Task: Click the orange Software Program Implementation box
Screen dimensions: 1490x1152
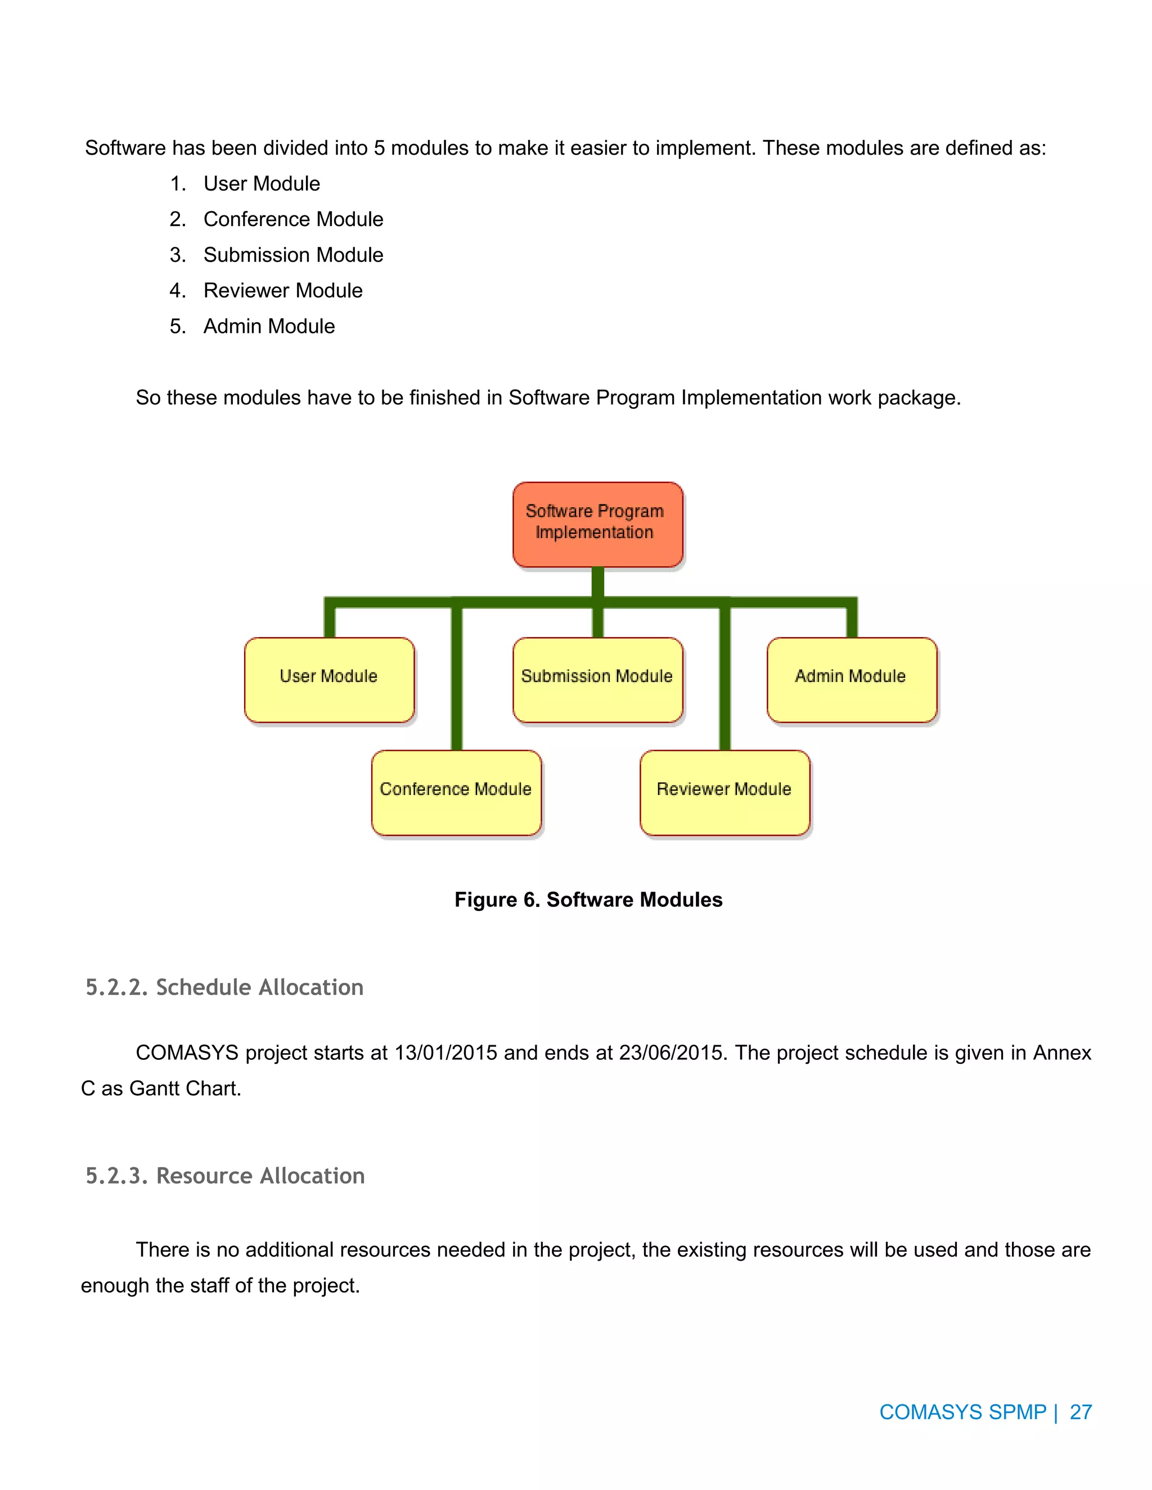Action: point(597,524)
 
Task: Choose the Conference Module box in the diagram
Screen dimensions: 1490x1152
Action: point(456,792)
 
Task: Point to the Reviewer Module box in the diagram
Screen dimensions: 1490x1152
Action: point(724,792)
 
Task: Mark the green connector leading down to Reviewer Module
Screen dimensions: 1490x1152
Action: point(724,682)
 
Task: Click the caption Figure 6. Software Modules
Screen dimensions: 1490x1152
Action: point(588,899)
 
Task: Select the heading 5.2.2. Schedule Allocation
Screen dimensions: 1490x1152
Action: point(224,987)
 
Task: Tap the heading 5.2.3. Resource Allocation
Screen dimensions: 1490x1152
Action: point(225,1176)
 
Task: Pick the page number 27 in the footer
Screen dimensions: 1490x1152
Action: point(1081,1411)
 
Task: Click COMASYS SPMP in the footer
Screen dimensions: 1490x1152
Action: point(962,1411)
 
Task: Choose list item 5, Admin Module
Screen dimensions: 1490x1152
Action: point(269,326)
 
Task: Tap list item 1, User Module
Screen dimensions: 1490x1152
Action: point(262,183)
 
